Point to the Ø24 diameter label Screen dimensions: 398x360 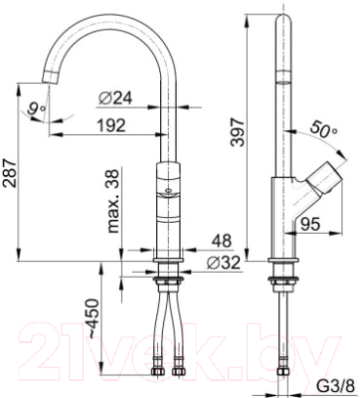(117, 97)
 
